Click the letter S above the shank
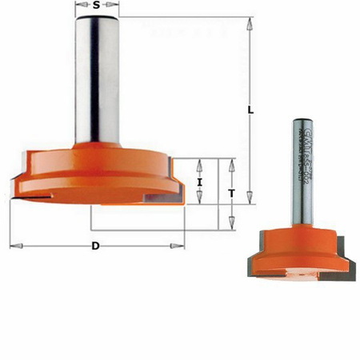[97, 6]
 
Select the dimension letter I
[199, 182]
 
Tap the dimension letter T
[230, 193]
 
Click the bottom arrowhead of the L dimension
[250, 198]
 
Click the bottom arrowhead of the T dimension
[230, 224]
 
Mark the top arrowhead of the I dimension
[199, 162]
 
